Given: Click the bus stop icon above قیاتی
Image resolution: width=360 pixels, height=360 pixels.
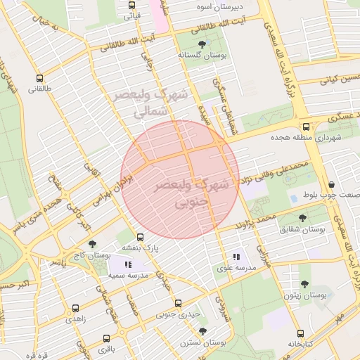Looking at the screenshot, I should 131,5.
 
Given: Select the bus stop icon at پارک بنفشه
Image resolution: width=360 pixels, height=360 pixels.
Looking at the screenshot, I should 141,237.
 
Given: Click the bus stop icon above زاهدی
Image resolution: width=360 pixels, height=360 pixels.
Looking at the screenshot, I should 76,307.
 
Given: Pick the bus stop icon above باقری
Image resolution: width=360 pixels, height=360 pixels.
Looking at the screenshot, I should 105,337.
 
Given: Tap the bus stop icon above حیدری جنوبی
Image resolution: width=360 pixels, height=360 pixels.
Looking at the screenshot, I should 178,303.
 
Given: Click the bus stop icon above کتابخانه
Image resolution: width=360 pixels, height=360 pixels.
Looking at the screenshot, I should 301,333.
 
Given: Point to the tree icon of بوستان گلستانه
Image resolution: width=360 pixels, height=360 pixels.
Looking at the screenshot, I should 202,44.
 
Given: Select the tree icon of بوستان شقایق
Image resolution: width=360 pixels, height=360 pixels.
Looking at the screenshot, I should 303,219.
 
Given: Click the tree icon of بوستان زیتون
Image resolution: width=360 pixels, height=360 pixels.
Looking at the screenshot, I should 304,285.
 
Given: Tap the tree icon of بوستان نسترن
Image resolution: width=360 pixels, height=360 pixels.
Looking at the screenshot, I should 202,331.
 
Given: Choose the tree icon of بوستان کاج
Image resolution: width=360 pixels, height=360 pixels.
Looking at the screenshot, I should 92,243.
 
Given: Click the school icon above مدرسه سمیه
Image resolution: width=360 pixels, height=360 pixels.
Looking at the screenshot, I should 127,264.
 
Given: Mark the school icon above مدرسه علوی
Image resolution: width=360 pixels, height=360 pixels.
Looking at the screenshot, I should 236,257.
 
